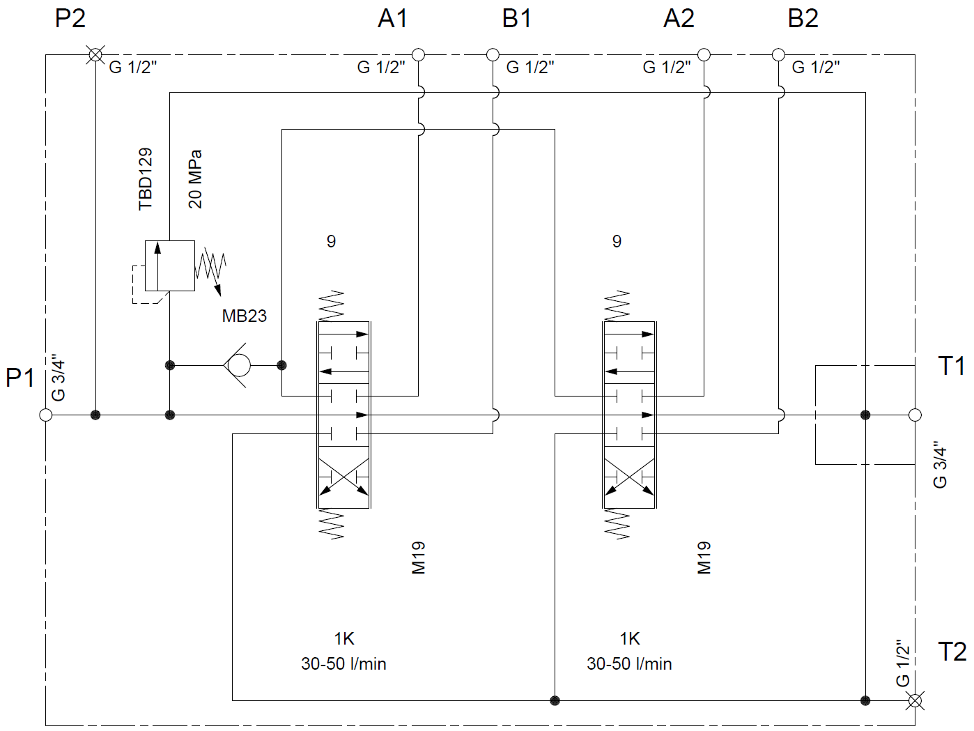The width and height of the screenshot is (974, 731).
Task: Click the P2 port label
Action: point(70,19)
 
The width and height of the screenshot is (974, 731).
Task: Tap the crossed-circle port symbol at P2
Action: point(95,54)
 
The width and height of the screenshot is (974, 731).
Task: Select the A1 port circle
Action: point(418,54)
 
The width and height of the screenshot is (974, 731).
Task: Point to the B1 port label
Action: point(517,19)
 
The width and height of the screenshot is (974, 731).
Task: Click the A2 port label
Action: point(679,19)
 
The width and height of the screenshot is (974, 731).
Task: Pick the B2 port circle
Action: point(778,54)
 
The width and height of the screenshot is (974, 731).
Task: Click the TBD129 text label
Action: point(145,179)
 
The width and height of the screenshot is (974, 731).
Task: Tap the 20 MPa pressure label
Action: point(195,179)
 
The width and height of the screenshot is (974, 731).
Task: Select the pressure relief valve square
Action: point(169,266)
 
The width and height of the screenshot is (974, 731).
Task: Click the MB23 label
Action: point(244,316)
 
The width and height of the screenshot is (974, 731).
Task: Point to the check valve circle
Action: point(238,365)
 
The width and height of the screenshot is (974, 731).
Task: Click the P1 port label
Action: point(20,378)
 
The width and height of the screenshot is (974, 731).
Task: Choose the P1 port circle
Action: point(46,415)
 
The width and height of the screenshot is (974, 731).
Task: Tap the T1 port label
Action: point(952,367)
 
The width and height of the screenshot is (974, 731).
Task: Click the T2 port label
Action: point(952,652)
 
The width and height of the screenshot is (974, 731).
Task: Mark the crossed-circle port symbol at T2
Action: point(915,700)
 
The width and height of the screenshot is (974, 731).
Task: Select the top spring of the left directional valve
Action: point(332,306)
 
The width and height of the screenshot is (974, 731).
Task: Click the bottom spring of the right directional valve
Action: point(617,524)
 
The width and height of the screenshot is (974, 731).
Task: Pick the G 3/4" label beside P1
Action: point(59,378)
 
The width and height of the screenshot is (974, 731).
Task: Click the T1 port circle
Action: point(915,415)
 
